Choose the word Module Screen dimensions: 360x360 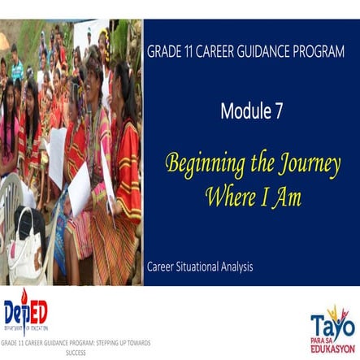tap(241, 112)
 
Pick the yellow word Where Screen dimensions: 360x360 tap(229, 195)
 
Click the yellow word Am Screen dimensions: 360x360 tap(288, 195)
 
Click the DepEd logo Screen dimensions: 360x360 tap(26, 313)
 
